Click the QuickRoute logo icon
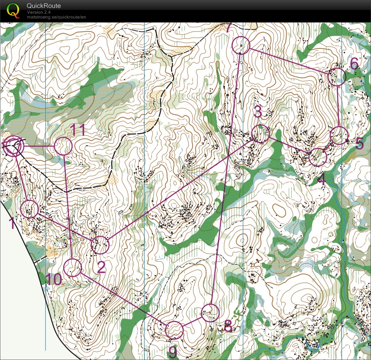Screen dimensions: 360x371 [x=13, y=10]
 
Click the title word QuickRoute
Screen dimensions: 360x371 [x=44, y=6]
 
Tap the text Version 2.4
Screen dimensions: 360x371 [x=39, y=12]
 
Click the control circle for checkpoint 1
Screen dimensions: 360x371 [x=30, y=209]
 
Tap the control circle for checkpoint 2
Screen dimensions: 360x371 [x=100, y=245]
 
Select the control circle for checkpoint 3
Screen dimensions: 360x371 [x=261, y=134]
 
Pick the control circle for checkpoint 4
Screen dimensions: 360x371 [x=318, y=157]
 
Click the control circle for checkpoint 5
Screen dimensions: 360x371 [x=339, y=136]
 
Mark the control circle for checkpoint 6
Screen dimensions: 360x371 [x=337, y=77]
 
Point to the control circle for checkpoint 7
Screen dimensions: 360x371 [x=241, y=45]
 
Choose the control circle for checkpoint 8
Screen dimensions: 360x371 [x=210, y=313]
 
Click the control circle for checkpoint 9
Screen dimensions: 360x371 [x=174, y=330]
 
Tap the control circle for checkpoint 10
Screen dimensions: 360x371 [x=73, y=267]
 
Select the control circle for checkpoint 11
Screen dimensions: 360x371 [x=64, y=146]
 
